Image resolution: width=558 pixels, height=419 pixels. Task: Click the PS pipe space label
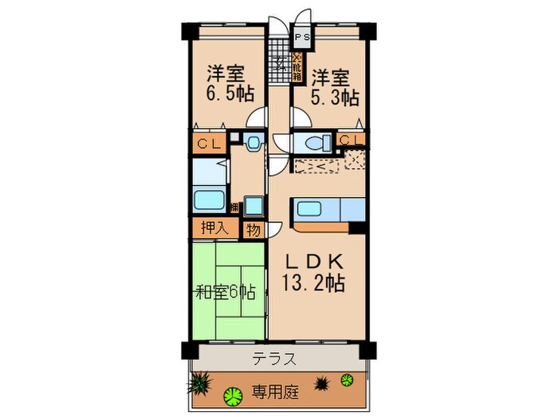(303, 38)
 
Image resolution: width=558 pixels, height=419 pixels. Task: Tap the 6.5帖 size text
(231, 94)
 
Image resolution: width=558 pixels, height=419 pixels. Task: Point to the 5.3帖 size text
(335, 97)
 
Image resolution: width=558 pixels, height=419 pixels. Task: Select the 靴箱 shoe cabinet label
(297, 63)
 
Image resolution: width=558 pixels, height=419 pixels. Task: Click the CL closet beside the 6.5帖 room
(209, 144)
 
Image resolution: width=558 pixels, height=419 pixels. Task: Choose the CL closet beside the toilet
(351, 141)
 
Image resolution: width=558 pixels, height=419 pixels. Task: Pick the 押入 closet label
(213, 227)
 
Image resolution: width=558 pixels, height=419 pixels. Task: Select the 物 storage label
(253, 230)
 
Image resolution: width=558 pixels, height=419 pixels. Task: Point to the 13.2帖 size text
(312, 283)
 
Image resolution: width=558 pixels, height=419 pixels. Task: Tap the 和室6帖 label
(226, 292)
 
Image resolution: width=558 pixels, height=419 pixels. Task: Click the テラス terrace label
(276, 358)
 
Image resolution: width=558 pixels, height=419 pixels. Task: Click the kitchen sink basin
(309, 211)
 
